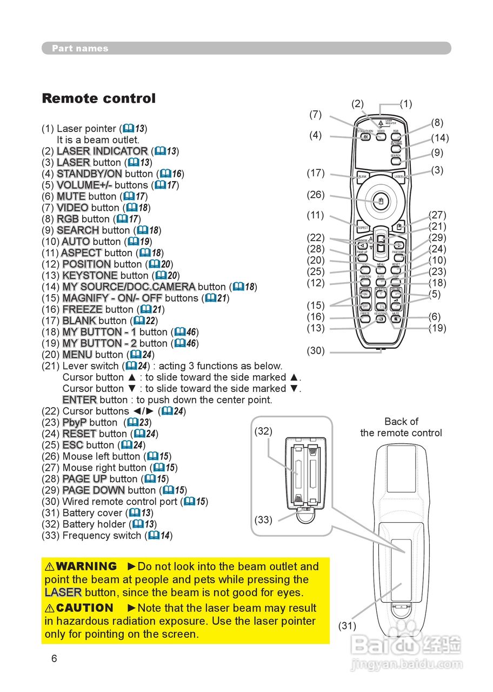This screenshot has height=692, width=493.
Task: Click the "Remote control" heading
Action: coord(98,98)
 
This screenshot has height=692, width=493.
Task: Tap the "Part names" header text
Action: coord(80,49)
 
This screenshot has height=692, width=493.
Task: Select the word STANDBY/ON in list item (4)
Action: coord(89,174)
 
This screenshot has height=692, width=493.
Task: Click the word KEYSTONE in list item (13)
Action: coord(90,276)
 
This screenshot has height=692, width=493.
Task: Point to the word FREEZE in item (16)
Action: coord(82,310)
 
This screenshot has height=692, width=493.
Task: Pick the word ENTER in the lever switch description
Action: coord(79,400)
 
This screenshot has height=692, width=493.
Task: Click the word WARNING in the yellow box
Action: coord(86,567)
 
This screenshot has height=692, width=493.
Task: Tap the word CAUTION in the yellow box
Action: coord(84,608)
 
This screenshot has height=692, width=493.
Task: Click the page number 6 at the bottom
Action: coord(54,658)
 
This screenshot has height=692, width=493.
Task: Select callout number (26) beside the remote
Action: coord(316,195)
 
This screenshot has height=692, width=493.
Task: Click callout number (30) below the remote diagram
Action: coord(316,351)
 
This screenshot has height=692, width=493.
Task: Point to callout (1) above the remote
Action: coord(405,104)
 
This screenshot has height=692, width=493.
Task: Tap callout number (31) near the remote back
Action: coord(347,626)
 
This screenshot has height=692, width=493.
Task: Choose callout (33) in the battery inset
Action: coord(263,520)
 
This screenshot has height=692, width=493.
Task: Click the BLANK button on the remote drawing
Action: coord(363,176)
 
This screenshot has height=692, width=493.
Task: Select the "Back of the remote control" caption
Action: coord(401,427)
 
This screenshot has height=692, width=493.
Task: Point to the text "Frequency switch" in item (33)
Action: coord(102,536)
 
